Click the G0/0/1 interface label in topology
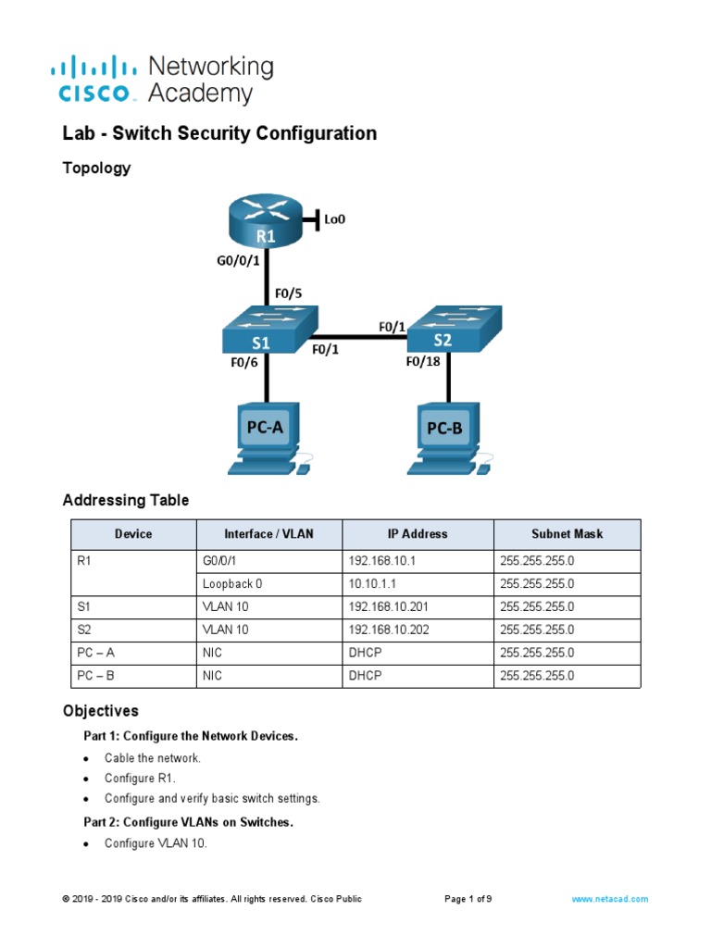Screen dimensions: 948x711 (x=231, y=261)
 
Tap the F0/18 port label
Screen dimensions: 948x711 (x=424, y=363)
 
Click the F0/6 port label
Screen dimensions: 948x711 (x=243, y=363)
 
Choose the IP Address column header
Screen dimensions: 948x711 (x=418, y=534)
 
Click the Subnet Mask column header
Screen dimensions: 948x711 (x=567, y=534)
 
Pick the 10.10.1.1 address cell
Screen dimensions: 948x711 (x=374, y=583)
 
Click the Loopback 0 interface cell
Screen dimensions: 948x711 (x=232, y=583)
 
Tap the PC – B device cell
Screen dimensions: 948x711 (x=96, y=676)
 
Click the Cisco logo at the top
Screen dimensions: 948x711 (x=96, y=79)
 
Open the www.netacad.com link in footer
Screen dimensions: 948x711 (x=609, y=899)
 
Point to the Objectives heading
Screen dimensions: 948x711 (x=100, y=711)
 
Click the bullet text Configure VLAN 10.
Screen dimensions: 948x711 (x=156, y=843)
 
